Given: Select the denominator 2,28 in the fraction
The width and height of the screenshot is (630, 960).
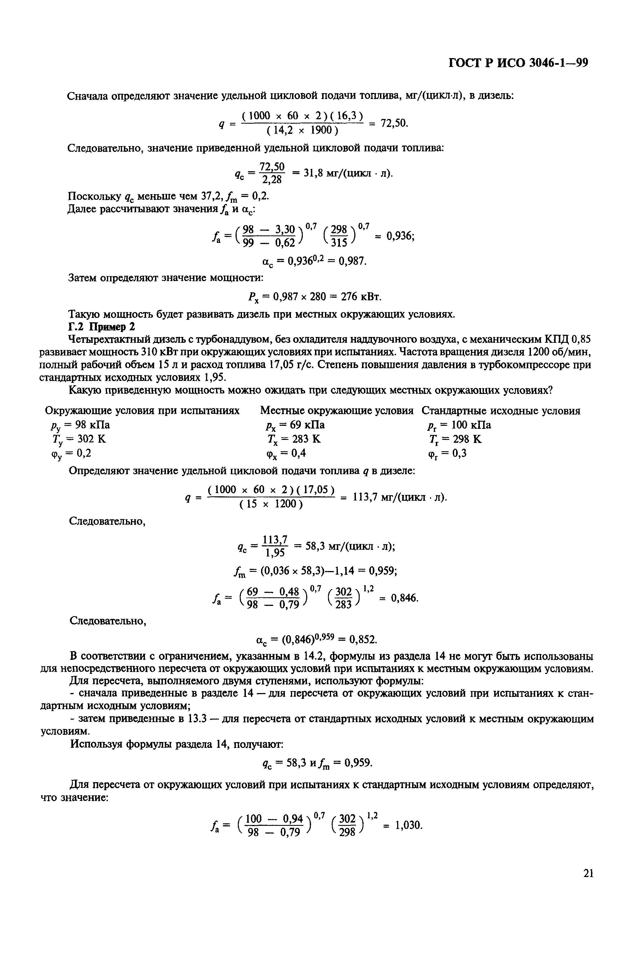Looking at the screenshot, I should [271, 179].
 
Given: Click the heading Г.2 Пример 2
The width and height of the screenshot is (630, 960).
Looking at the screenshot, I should [102, 327].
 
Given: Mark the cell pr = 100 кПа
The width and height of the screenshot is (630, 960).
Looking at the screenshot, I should [460, 425].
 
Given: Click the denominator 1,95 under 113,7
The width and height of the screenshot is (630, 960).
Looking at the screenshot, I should [274, 552].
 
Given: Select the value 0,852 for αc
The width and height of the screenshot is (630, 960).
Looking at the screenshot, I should [363, 639].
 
